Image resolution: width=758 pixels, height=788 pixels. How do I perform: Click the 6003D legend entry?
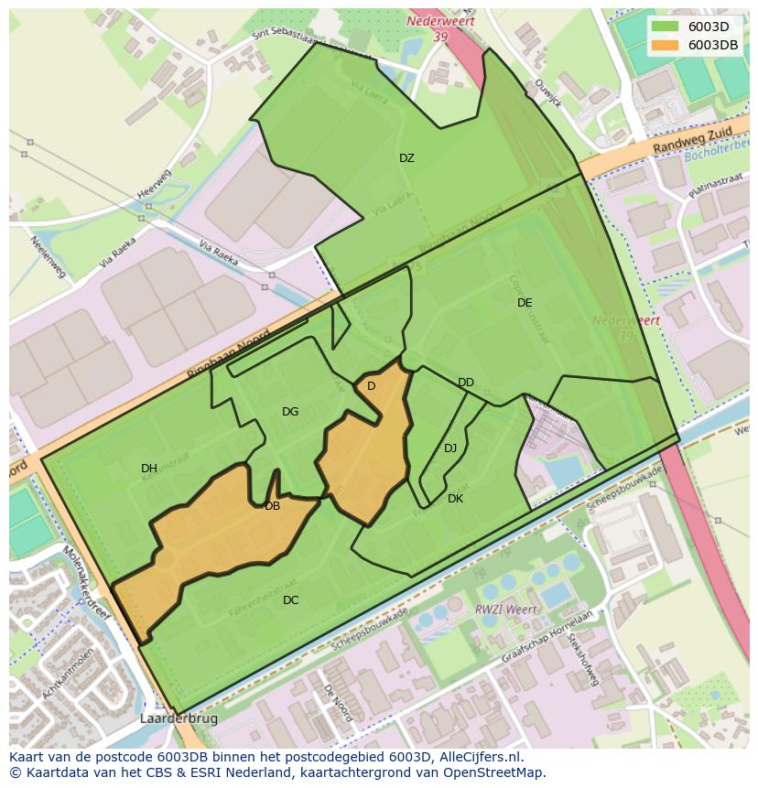(x=694, y=27)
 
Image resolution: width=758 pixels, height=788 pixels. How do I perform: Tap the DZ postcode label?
(x=406, y=158)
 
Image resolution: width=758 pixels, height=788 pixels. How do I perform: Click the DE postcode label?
(x=525, y=303)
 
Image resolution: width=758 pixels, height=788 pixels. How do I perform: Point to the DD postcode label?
(x=466, y=383)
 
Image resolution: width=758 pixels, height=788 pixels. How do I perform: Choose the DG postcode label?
(x=290, y=412)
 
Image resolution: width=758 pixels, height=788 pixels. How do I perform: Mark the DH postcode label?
(x=149, y=469)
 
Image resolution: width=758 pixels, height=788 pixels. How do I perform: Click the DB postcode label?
(x=272, y=506)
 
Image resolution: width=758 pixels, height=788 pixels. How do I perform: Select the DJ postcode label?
(x=450, y=448)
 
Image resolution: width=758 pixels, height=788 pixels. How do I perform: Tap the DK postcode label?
(x=455, y=499)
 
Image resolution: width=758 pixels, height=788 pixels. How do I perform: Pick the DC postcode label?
(x=290, y=600)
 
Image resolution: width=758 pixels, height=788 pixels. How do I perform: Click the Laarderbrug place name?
(x=179, y=719)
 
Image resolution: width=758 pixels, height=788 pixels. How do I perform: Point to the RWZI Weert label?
(x=500, y=610)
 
